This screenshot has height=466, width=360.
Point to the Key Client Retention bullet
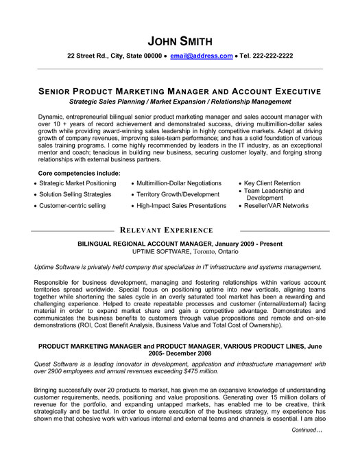coord(274,183)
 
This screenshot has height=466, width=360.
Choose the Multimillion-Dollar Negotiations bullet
coord(179,183)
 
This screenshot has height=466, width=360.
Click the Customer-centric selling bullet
coord(73,205)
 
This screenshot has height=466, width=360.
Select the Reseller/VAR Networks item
coord(277,205)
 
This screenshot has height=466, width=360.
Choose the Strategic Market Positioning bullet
coord(77,183)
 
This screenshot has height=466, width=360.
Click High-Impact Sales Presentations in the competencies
coord(182,205)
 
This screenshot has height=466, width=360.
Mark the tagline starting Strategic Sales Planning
coord(180,100)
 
